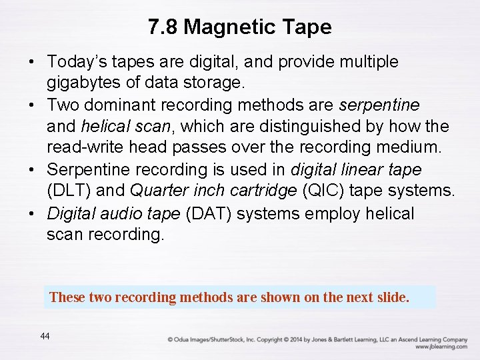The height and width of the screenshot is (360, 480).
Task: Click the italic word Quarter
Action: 158,191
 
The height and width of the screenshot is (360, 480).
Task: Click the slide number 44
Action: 45,336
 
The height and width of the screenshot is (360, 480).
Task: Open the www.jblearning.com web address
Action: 441,347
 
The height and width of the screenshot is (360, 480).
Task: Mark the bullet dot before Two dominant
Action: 32,105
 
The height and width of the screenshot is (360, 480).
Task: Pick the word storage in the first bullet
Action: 217,83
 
